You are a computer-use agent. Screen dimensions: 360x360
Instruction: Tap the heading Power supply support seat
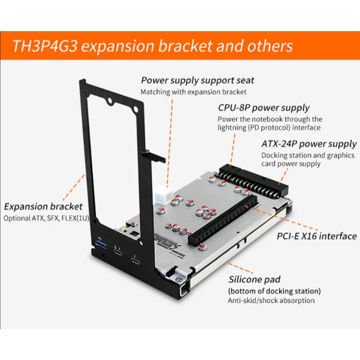[197, 80]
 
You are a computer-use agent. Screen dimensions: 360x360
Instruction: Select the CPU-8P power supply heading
[264, 108]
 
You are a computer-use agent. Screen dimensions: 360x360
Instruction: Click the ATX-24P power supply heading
[309, 144]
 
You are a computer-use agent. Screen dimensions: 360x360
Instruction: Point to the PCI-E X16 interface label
[316, 236]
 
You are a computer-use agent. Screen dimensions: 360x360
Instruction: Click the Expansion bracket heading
[43, 207]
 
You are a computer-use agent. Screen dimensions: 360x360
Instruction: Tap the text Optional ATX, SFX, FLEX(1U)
[46, 218]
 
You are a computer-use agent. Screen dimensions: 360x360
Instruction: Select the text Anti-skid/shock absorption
[271, 300]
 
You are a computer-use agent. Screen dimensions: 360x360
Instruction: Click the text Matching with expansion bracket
[193, 92]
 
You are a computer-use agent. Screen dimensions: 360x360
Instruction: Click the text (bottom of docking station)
[274, 291]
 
